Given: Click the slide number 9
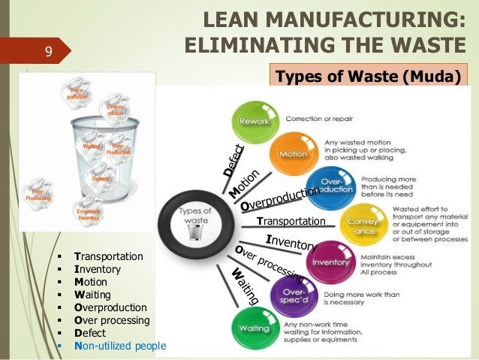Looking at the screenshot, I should tap(48, 52).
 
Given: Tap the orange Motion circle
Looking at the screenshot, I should tap(292, 153).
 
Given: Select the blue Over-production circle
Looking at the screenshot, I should tap(332, 187).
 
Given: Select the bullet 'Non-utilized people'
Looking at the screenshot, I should tap(120, 346).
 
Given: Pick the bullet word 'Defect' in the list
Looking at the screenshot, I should tap(90, 333).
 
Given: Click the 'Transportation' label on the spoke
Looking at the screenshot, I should tap(291, 221).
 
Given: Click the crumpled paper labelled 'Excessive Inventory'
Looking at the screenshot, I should tap(88, 211).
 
